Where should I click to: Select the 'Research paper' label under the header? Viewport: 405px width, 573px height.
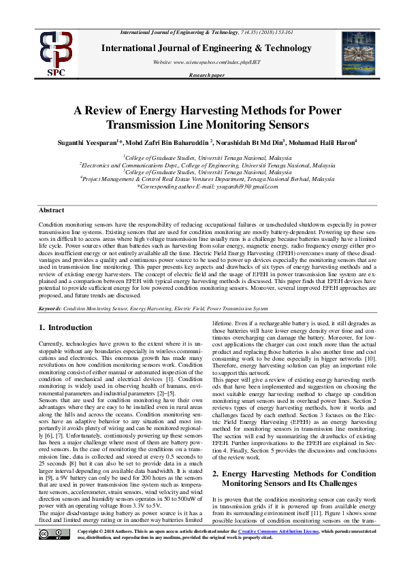206,76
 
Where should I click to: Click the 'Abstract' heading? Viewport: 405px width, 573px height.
51,210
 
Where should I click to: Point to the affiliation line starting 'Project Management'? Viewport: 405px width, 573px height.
202,179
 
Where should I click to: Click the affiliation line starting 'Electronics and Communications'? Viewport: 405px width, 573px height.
202,164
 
